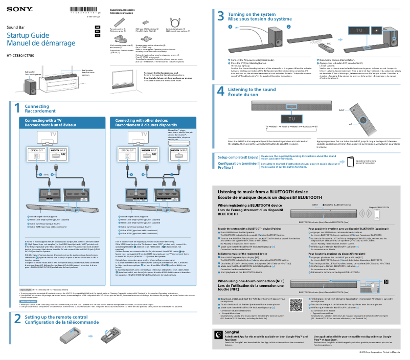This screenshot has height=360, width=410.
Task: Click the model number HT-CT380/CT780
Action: (x=20, y=55)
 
